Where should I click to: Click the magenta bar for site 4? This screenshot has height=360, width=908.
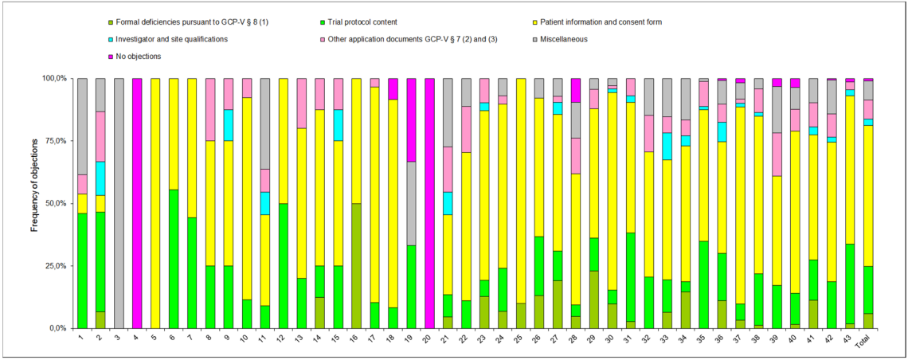(x=137, y=203)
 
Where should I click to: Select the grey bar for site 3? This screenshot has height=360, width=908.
(x=119, y=203)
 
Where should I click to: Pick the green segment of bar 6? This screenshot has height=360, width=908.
(x=174, y=259)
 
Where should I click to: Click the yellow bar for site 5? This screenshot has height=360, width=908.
(x=155, y=203)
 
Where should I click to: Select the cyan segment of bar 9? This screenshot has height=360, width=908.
(x=229, y=125)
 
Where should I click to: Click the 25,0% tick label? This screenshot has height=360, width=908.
(x=56, y=265)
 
